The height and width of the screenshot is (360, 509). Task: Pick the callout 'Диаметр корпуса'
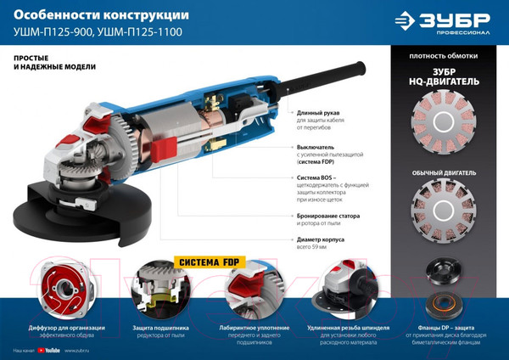(x=327, y=239)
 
